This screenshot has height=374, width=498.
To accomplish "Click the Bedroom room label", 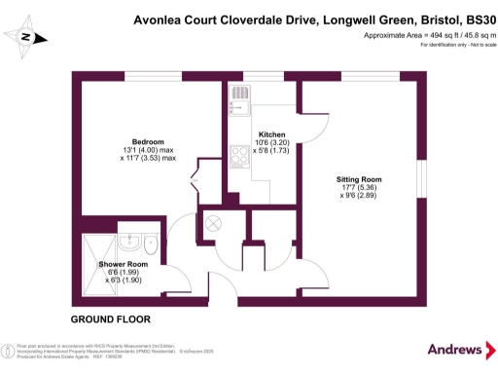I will click(149, 140).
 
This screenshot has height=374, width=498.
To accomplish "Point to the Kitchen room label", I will click(270, 133).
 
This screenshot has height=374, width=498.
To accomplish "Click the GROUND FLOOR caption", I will click(110, 319).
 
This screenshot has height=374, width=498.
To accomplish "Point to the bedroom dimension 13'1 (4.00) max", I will click(149, 149).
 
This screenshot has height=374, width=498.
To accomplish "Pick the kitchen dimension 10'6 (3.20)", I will click(270, 142).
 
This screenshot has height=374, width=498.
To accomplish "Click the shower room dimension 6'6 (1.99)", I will click(123, 273).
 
